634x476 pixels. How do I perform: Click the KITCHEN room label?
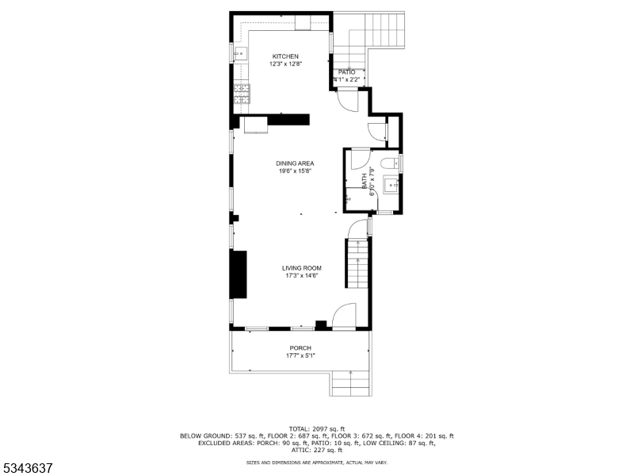285,56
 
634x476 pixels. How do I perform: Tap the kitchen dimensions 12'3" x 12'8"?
285,64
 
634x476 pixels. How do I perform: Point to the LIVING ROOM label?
301,268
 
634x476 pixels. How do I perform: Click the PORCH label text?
300,348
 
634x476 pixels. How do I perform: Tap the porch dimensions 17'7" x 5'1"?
300,355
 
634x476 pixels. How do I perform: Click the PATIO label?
347,72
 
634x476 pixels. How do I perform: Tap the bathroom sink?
391,186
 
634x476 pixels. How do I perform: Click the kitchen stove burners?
241,95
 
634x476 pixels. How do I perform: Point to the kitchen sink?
240,54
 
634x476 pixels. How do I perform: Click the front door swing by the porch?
344,317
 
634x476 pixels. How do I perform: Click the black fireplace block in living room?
238,274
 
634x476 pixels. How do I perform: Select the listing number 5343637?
28,469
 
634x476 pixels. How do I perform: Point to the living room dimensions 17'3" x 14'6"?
301,276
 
